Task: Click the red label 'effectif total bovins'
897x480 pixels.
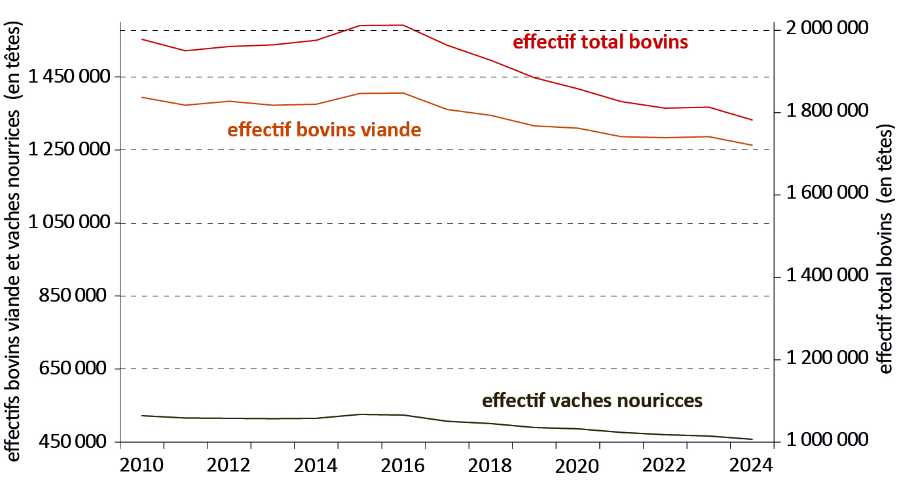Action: click(600, 43)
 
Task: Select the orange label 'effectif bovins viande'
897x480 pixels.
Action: click(324, 130)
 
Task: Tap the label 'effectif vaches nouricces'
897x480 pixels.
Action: click(592, 401)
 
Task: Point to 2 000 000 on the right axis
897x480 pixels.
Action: click(827, 30)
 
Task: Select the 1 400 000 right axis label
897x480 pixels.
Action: click(827, 277)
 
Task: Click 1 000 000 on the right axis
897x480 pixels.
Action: click(827, 441)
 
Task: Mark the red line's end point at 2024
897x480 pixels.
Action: click(753, 120)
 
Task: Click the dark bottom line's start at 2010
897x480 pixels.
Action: click(141, 416)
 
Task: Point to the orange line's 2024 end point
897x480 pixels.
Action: click(753, 145)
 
